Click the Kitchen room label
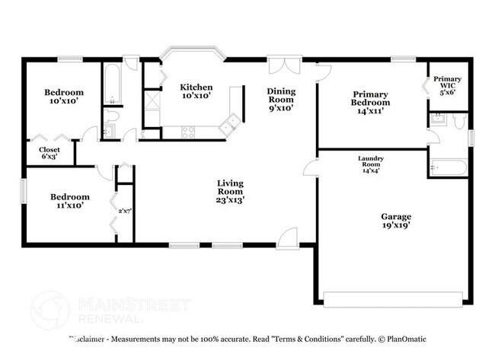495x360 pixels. [x=196, y=88]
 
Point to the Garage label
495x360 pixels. [x=396, y=216]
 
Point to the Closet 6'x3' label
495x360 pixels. [x=49, y=150]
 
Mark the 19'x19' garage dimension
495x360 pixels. [x=396, y=227]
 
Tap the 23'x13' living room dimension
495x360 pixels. [x=229, y=201]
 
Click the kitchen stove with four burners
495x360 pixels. [x=188, y=132]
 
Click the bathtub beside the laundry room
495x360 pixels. [x=447, y=167]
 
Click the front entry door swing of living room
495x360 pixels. [x=288, y=238]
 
